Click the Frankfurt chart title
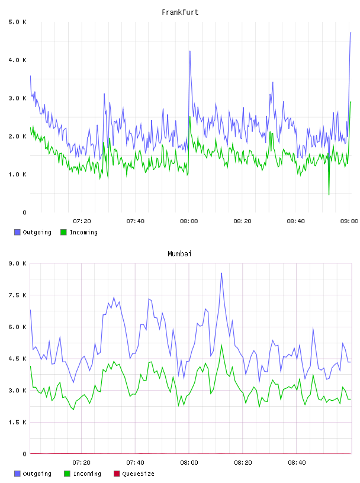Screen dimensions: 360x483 [180, 12]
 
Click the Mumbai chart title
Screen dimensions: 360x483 [179, 253]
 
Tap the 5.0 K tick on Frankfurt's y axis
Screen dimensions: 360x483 [17, 22]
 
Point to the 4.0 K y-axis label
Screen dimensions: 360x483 [17, 60]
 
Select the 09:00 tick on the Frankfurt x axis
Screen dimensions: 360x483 [349, 221]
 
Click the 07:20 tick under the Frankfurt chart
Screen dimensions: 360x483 [82, 221]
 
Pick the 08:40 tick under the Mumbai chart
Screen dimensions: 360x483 [297, 462]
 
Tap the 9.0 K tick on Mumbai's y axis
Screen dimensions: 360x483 [17, 263]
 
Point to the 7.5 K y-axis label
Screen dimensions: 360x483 [17, 295]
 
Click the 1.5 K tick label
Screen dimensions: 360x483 [17, 422]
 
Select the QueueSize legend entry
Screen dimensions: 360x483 [134, 474]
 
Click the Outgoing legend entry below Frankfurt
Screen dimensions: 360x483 [33, 232]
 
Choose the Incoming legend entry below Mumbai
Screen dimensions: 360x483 [82, 474]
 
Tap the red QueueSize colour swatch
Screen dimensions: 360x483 [117, 474]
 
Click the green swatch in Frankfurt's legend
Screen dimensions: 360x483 [63, 232]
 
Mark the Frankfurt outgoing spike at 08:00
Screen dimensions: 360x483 [190, 51]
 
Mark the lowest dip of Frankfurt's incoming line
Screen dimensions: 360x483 [329, 195]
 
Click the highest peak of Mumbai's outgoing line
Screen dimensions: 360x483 [221, 273]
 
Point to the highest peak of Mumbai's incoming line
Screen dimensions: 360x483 [221, 345]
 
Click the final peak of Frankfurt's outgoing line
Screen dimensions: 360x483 [351, 33]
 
